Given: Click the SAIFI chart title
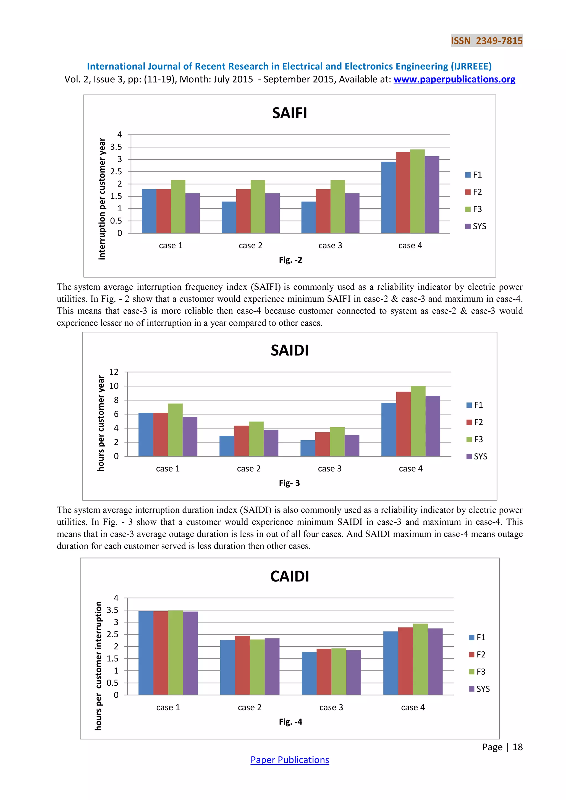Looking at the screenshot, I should [290, 113].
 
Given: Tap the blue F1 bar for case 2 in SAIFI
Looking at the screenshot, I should [229, 217].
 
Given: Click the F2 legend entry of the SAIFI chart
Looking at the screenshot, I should [474, 192].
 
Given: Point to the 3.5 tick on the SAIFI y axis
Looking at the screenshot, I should [116, 147].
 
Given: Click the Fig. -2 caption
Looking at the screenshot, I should [290, 260].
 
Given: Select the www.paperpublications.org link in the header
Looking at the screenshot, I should [454, 80].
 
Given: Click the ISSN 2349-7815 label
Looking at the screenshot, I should [486, 41].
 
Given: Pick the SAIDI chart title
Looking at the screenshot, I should [290, 351].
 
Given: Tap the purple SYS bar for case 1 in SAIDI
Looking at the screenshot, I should [190, 436].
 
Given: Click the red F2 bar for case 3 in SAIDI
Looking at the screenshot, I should [323, 444].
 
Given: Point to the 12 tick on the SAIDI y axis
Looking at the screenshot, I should [114, 372].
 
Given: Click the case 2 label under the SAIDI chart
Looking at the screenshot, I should [248, 469].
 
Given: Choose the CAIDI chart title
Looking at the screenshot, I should [290, 576].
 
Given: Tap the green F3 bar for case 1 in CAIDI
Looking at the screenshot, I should [175, 652].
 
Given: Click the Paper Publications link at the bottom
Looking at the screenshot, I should [290, 760].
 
